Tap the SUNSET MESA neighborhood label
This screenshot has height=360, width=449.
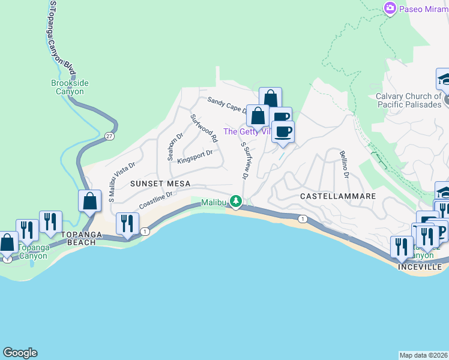(160, 184)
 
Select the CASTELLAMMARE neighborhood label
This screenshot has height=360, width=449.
(338, 196)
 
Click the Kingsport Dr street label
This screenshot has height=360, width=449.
(195, 155)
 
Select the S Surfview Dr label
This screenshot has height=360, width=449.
(244, 160)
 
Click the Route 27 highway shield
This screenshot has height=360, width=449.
(109, 136)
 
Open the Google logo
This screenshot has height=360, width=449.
(20, 353)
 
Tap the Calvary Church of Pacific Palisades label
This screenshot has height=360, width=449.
(408, 100)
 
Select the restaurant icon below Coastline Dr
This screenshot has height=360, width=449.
(127, 224)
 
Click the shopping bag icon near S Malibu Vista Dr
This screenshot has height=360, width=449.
(89, 201)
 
